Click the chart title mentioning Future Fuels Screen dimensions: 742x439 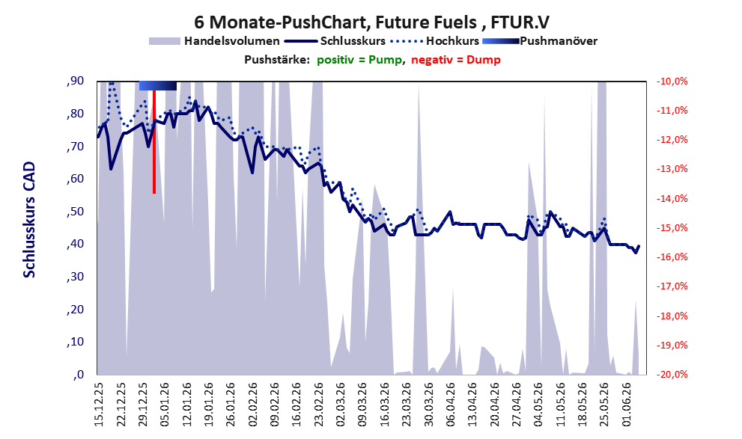[371, 22]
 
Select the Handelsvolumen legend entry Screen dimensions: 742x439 [214, 41]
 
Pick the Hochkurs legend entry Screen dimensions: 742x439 [435, 41]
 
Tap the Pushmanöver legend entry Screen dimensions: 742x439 [540, 41]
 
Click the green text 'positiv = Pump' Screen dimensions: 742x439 [359, 60]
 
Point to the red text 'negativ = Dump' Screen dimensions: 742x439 [456, 60]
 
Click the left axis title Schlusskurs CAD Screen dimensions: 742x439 [29, 220]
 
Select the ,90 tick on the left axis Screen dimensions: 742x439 [75, 81]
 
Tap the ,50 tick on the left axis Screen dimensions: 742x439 [75, 211]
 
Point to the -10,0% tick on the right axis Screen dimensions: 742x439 [672, 82]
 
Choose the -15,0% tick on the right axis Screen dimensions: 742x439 [672, 228]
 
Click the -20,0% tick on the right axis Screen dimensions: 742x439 [672, 374]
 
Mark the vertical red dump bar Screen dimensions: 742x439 [154, 142]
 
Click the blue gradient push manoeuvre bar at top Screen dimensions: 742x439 [158, 85]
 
